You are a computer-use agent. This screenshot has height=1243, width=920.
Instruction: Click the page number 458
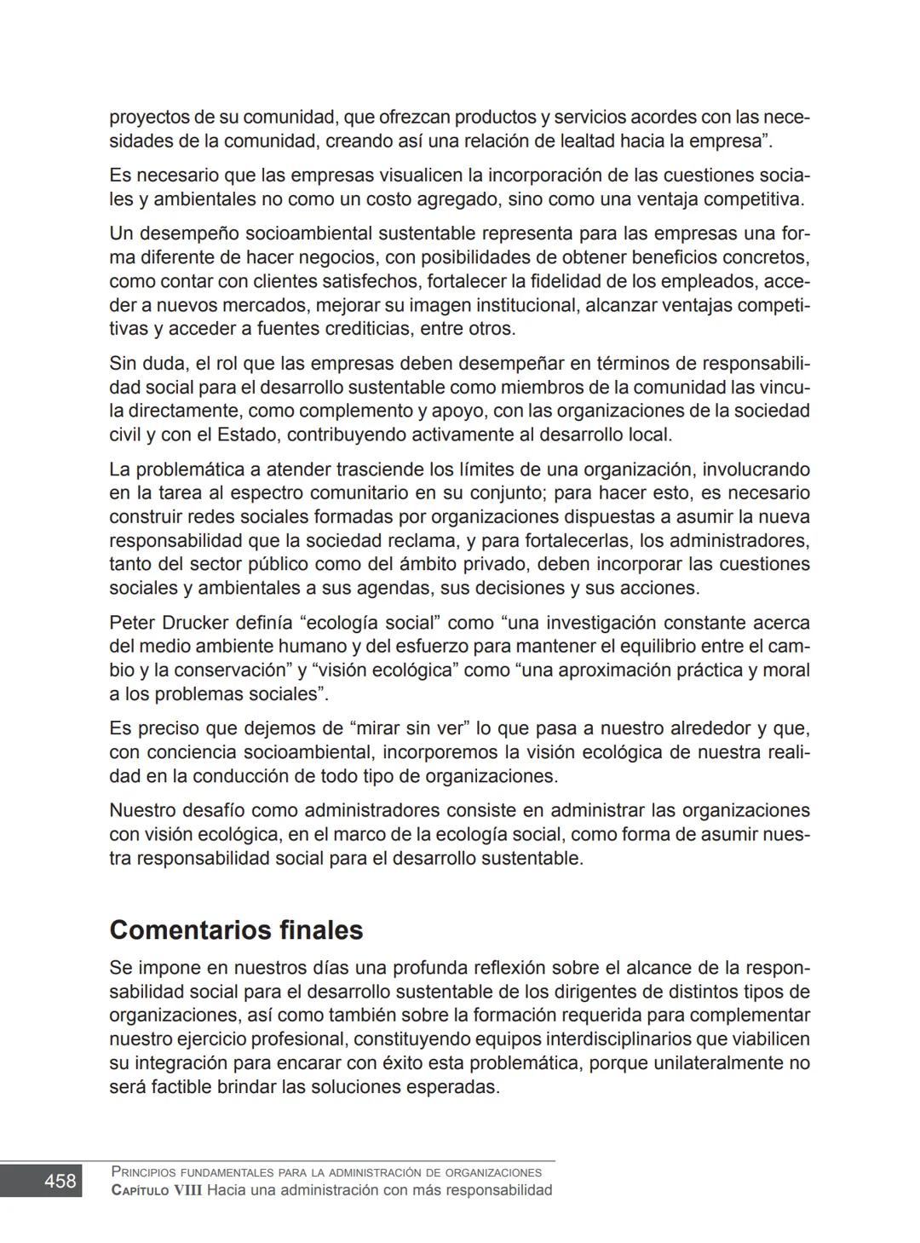click(x=60, y=1181)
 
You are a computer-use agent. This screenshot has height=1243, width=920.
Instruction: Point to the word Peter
click(x=132, y=623)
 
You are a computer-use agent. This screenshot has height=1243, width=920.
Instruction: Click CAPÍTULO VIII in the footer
click(x=157, y=1190)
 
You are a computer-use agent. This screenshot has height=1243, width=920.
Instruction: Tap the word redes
click(x=187, y=517)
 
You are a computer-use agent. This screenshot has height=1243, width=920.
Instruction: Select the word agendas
click(x=378, y=588)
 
